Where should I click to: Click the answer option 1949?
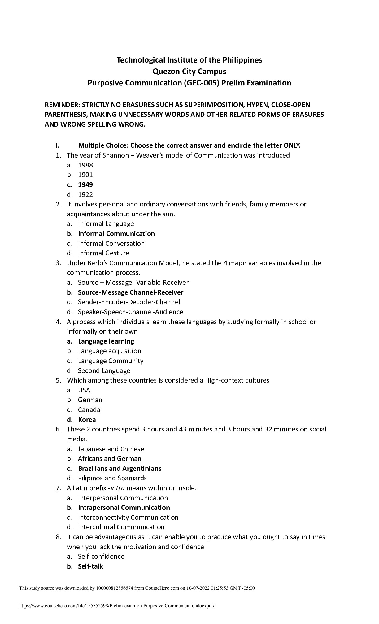(x=85, y=185)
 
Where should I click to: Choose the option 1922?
(x=85, y=195)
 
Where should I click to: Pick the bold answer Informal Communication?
(x=116, y=234)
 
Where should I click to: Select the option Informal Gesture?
(x=103, y=253)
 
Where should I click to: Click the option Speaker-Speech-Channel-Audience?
(x=130, y=312)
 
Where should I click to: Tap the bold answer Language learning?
(x=106, y=341)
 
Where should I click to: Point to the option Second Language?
(x=104, y=371)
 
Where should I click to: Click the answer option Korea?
(x=87, y=420)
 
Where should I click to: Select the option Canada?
(x=89, y=410)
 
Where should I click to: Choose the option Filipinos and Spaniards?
(x=112, y=478)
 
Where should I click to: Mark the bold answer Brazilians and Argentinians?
(x=120, y=469)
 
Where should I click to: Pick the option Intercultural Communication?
(x=121, y=527)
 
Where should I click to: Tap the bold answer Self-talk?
(x=90, y=566)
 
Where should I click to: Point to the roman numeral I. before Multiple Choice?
(x=57, y=145)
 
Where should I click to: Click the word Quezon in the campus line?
(x=165, y=71)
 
